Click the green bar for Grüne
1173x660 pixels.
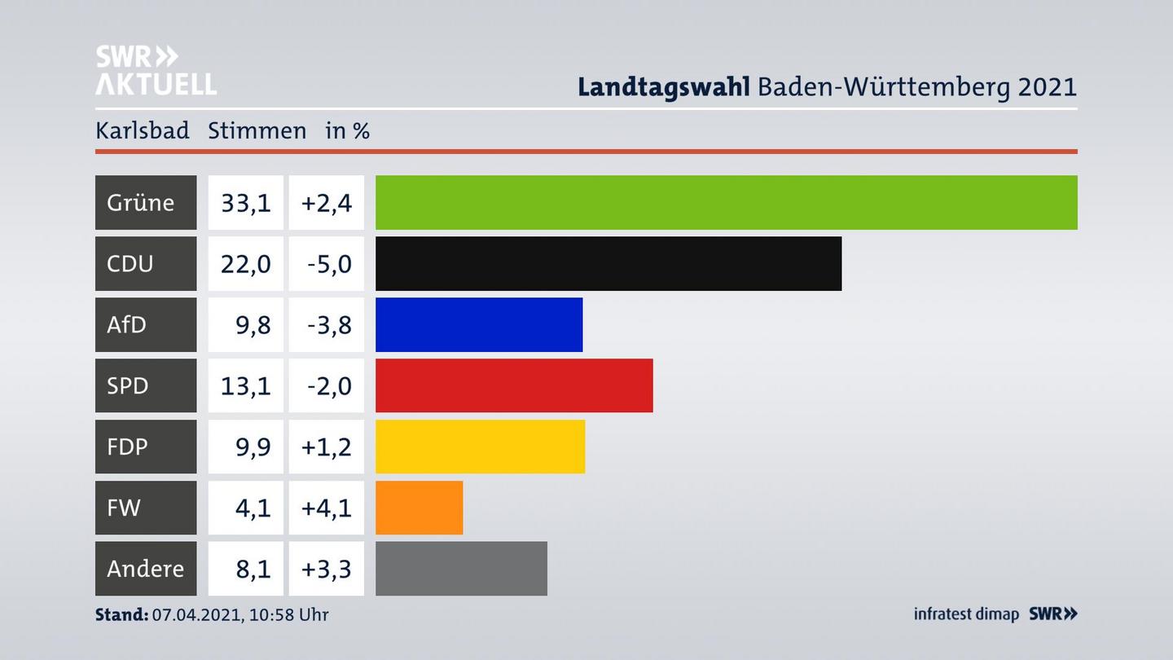point(726,202)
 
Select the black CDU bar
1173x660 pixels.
point(608,263)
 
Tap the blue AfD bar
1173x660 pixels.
point(479,324)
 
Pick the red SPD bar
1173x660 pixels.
point(514,385)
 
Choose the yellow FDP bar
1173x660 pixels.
point(480,447)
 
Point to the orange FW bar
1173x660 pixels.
point(419,508)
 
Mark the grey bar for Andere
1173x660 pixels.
point(461,568)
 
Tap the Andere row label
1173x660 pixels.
point(145,568)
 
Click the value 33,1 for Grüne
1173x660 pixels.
point(245,202)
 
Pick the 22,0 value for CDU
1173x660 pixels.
point(245,263)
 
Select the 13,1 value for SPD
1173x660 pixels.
point(245,385)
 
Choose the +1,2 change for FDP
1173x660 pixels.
point(327,447)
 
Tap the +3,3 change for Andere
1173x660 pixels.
point(327,568)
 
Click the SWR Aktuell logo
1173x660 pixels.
point(156,70)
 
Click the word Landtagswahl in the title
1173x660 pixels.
point(663,86)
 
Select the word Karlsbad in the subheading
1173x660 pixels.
point(142,130)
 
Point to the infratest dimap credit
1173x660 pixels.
point(966,614)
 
